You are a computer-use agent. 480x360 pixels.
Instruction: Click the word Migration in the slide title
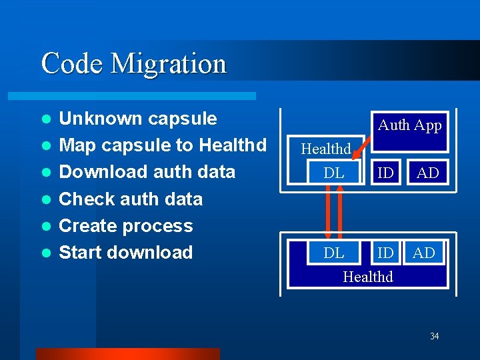169,64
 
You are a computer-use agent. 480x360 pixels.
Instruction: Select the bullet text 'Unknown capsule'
138,119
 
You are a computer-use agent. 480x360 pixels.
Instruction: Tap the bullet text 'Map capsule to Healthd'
163,145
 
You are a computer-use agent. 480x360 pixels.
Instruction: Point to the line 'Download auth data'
147,172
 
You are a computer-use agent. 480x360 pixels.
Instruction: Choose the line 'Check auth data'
131,199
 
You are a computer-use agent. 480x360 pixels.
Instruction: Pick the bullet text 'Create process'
126,226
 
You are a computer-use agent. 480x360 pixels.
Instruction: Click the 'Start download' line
126,253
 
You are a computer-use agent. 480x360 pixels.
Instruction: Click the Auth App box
409,125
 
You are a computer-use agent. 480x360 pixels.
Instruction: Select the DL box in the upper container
333,173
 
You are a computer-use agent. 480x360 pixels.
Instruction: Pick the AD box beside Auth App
427,173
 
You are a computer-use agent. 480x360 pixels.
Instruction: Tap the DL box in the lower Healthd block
333,253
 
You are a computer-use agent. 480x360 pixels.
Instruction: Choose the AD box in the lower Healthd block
423,253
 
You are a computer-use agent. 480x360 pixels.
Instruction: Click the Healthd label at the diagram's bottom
368,276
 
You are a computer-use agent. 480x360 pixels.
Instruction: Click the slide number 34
434,336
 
